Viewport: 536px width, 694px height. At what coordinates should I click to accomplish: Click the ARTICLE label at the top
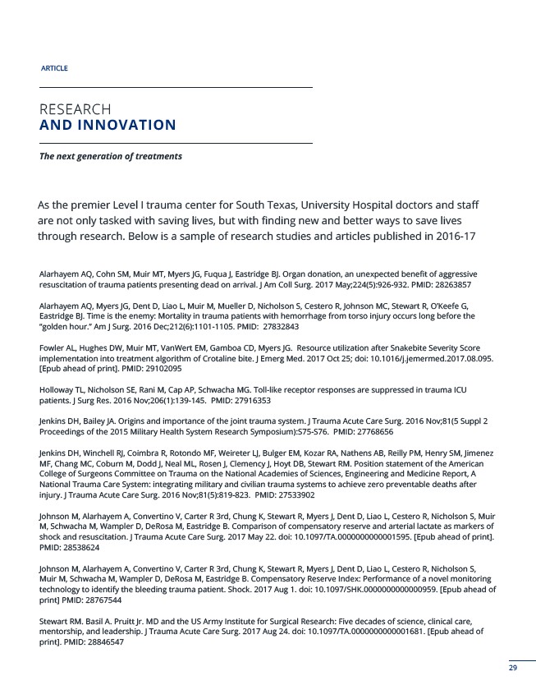click(x=53, y=67)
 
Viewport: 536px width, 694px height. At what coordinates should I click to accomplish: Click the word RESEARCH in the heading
click(x=76, y=109)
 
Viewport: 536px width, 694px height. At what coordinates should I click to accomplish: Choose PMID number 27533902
click(x=303, y=495)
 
